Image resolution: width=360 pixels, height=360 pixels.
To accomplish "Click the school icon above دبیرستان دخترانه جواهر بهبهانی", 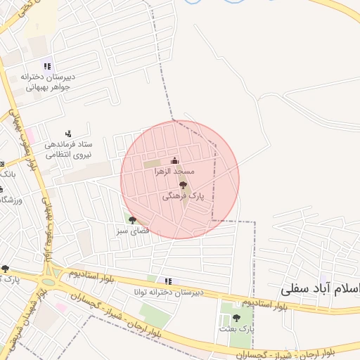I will (48, 66).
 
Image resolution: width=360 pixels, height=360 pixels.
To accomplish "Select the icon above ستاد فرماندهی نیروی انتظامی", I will (68, 133).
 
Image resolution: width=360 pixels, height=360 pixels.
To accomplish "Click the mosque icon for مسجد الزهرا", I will (174, 161).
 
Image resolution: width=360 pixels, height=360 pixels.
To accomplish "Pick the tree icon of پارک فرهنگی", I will (184, 186).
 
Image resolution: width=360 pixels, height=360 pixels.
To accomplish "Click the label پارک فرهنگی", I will (183, 198).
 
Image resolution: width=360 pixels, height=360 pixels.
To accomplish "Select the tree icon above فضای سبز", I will (132, 220).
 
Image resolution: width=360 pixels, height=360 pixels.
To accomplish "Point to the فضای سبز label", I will (131, 231).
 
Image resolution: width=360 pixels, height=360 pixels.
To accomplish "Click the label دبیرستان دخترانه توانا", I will (169, 291).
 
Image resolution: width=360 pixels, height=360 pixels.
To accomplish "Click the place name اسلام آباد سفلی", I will (320, 288).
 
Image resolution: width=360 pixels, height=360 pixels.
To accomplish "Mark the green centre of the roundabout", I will (48, 282).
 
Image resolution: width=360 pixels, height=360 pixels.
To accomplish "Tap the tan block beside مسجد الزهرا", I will (152, 165).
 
